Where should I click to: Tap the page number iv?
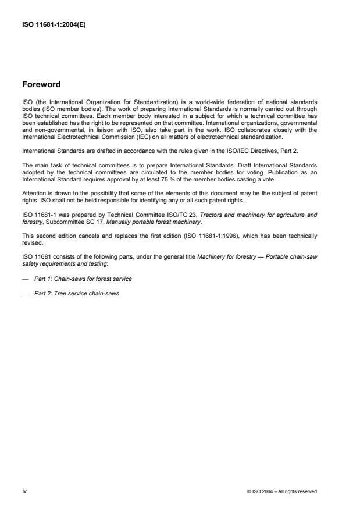click(24, 491)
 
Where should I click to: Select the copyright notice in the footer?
click(282, 491)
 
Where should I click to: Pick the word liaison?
click(117, 132)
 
